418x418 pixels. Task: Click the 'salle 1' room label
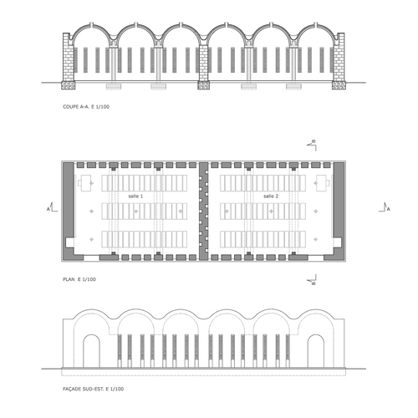[135, 196]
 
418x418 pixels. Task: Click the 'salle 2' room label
[271, 196]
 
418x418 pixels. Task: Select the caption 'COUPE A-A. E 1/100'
[86, 106]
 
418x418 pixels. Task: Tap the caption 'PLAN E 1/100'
[79, 279]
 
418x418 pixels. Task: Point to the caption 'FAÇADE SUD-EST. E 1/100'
[94, 389]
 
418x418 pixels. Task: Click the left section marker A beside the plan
[52, 208]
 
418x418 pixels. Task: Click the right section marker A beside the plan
[385, 208]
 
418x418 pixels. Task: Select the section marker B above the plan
[312, 145]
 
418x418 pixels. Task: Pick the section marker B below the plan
[312, 280]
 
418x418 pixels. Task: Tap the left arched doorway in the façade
[91, 351]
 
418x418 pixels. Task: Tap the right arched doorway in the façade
[316, 351]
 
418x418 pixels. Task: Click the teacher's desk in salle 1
[85, 183]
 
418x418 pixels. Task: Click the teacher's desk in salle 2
[323, 183]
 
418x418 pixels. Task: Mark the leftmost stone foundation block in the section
[69, 85]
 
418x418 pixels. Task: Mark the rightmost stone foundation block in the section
[339, 85]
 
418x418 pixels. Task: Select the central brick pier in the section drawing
[203, 63]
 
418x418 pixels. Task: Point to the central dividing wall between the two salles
[203, 211]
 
